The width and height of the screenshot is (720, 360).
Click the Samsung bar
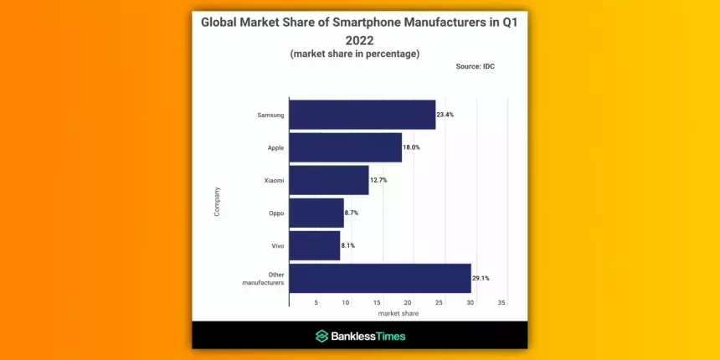[362, 115]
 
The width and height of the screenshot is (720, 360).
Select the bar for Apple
[345, 147]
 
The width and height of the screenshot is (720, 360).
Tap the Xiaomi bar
[328, 180]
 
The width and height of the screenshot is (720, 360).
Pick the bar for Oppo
[316, 213]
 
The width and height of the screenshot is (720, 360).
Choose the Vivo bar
[314, 245]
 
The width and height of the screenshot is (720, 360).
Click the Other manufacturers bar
[379, 278]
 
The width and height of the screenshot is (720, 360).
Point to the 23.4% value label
[445, 115]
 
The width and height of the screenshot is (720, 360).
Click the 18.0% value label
[411, 147]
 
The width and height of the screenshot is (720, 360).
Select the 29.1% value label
[481, 278]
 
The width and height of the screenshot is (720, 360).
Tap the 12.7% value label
[378, 180]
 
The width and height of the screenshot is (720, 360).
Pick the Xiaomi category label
[273, 180]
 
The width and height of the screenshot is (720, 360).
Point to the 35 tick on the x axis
[501, 302]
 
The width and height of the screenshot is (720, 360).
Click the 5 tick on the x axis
[316, 302]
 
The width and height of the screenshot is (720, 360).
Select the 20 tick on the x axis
[409, 302]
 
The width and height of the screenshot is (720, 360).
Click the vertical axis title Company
[217, 201]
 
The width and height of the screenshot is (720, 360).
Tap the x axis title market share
[398, 313]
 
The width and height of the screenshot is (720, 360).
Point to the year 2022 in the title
[359, 39]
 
